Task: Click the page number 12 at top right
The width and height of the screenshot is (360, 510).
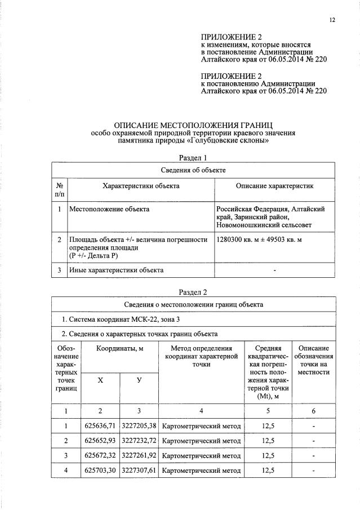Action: click(332, 20)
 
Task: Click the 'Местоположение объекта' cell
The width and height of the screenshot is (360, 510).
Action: click(109, 210)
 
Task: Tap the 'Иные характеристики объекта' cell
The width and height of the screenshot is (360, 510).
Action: click(117, 270)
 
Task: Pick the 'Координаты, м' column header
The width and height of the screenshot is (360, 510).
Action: click(119, 349)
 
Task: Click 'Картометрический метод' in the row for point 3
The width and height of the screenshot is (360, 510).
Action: click(201, 455)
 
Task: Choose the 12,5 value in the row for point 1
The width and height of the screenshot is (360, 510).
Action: click(268, 426)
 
